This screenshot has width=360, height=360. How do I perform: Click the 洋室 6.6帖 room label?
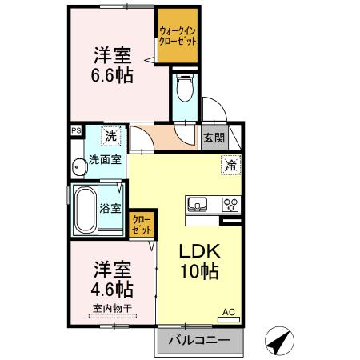point(113,66)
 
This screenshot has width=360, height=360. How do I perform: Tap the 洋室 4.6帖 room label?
point(113,278)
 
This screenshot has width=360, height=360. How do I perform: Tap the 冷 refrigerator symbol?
point(230,166)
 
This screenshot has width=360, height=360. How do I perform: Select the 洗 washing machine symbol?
point(114,137)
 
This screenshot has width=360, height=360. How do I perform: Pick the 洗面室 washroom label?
point(106,159)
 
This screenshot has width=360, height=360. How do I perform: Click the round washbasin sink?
point(79,167)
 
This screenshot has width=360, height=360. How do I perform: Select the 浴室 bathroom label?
point(110,210)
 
